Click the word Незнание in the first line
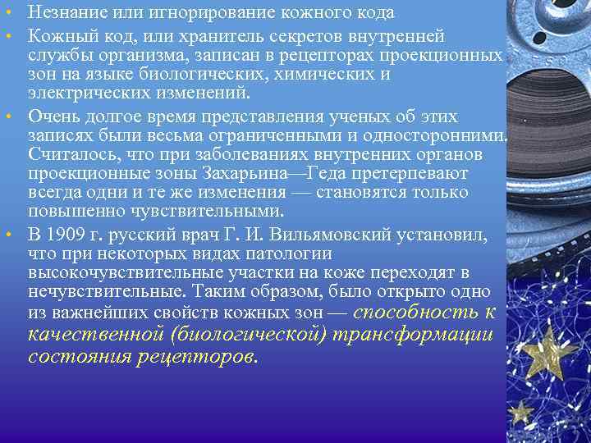point(63,13)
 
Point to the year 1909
point(66,234)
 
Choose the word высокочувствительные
point(131,272)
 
